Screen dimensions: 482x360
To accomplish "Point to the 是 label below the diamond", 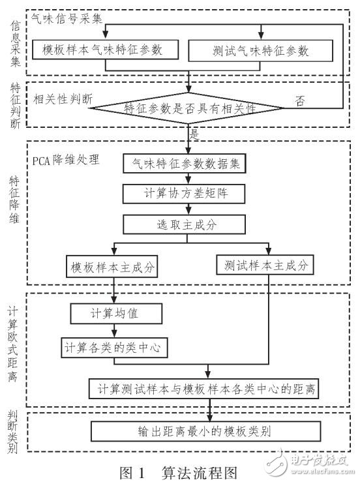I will [193, 134].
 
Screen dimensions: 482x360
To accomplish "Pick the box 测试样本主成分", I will [264, 265].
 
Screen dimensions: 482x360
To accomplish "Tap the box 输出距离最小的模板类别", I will [206, 431].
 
